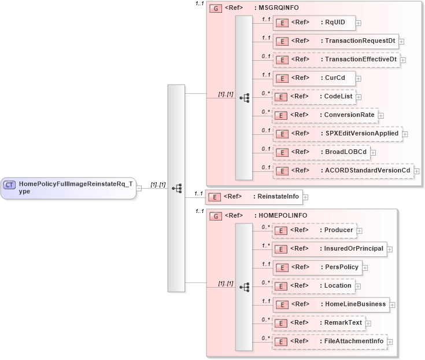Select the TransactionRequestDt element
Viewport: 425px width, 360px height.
pyautogui.click(x=335, y=41)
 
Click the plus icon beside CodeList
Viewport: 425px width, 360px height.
pyautogui.click(x=359, y=97)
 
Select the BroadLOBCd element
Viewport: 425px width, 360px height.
pyautogui.click(x=321, y=153)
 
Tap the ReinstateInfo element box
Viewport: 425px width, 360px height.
pyautogui.click(x=254, y=197)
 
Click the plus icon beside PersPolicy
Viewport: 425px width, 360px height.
pyautogui.click(x=365, y=268)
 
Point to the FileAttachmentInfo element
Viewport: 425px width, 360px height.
pyautogui.click(x=329, y=341)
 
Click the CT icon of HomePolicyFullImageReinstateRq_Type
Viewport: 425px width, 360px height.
pyautogui.click(x=9, y=185)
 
